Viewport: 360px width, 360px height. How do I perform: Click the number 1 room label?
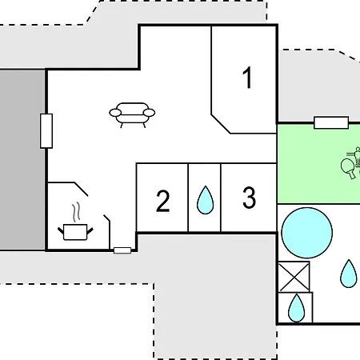[248, 78]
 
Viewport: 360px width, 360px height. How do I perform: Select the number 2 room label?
[162, 201]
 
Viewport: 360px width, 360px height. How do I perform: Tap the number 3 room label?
[250, 198]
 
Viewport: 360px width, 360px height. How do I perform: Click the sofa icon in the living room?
[132, 115]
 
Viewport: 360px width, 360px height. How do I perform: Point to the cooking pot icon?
[75, 232]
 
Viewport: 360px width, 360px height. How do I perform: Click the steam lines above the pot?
[76, 212]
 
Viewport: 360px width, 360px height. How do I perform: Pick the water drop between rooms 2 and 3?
[205, 200]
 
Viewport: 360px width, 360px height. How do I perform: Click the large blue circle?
[307, 233]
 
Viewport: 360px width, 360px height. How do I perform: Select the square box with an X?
[294, 277]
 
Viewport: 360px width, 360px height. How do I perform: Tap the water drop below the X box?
[296, 308]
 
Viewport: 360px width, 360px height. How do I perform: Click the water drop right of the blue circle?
[349, 274]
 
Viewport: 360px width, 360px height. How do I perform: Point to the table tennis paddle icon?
[349, 168]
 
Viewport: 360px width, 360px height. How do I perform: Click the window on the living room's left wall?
[46, 131]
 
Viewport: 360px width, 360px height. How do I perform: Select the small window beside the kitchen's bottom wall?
[122, 250]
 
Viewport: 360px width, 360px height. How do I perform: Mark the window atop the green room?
[331, 122]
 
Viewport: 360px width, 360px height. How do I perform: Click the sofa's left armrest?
[115, 113]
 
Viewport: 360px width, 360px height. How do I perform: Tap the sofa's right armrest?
[149, 113]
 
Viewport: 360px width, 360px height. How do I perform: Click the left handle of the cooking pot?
[61, 230]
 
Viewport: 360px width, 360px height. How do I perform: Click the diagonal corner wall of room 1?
[221, 124]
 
